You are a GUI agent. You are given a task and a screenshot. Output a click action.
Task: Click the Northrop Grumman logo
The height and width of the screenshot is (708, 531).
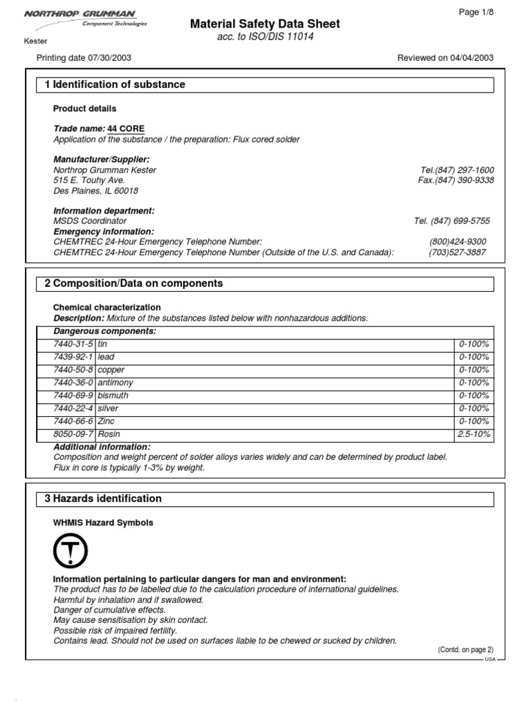87,18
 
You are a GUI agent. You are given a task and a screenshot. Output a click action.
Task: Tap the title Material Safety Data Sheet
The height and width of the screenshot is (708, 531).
265,24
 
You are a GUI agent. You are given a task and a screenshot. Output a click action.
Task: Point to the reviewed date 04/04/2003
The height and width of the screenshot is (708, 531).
469,58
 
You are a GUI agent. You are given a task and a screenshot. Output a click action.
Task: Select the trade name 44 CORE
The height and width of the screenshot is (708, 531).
126,129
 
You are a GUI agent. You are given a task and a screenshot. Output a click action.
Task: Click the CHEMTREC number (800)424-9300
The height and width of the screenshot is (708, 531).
457,241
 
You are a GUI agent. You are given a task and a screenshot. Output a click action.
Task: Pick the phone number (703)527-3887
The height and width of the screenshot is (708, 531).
457,252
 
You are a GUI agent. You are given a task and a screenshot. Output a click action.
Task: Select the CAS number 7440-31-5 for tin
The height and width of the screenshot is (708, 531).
73,344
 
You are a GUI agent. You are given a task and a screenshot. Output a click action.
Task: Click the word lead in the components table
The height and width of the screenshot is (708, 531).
106,357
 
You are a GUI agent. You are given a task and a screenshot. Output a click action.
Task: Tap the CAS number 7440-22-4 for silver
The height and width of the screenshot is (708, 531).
73,409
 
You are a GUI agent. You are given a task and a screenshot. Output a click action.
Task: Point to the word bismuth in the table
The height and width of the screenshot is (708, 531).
113,395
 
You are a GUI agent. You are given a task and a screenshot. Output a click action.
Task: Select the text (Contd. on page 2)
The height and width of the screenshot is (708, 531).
465,650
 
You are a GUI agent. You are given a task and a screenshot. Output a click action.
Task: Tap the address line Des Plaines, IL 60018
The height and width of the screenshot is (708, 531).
95,191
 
